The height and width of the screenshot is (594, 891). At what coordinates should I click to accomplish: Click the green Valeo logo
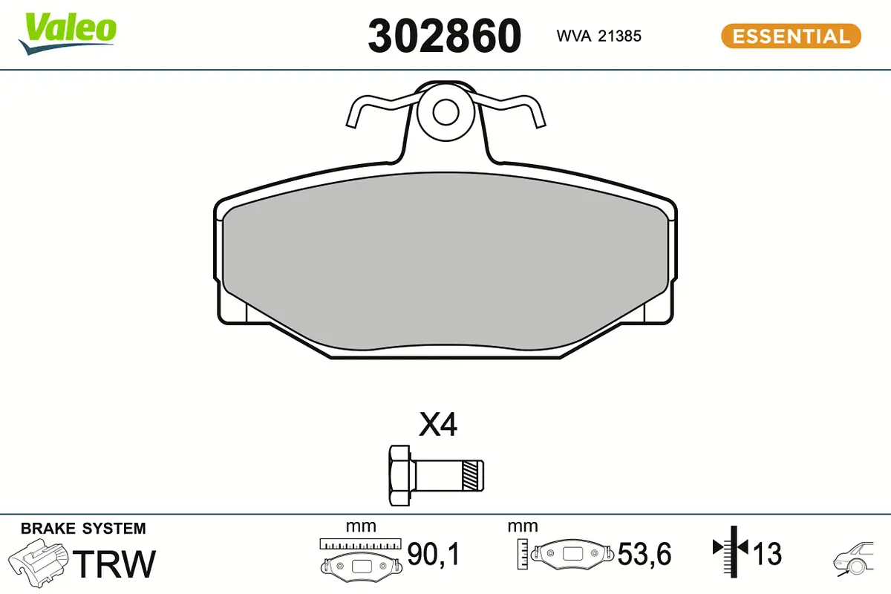tap(68, 33)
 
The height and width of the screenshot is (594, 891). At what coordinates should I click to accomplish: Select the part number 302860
tap(444, 36)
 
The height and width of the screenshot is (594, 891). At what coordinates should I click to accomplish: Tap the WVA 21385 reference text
tap(598, 36)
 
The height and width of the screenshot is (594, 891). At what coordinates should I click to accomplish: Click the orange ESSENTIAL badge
tap(792, 36)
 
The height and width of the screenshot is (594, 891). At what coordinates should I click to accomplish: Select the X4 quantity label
tap(438, 425)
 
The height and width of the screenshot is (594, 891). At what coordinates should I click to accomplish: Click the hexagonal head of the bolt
tap(399, 476)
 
